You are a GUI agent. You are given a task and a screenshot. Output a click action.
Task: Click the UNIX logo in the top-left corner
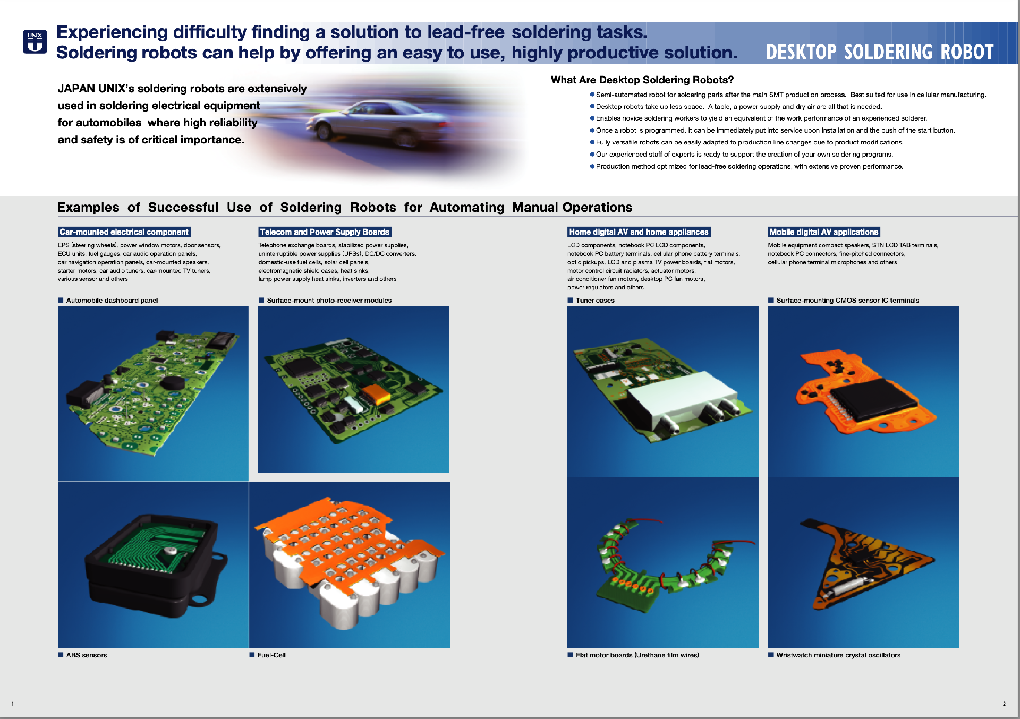(x=35, y=41)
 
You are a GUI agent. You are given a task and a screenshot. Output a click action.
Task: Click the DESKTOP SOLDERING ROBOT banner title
(x=879, y=52)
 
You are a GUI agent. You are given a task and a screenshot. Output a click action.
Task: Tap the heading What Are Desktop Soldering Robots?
(x=642, y=80)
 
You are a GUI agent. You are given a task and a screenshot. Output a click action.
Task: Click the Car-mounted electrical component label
(x=124, y=232)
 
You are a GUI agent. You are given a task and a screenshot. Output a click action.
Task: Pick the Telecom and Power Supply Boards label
(x=325, y=232)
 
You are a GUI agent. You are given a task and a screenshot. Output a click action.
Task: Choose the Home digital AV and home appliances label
(x=638, y=232)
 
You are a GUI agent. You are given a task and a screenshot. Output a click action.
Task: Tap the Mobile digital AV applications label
(x=823, y=232)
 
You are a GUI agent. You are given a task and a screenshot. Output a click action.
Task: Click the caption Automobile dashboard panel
(x=112, y=301)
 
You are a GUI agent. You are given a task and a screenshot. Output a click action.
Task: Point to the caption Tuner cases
(x=594, y=301)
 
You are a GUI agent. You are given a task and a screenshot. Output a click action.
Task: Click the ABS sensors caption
(x=86, y=655)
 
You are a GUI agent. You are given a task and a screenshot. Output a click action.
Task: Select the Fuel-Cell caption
(x=271, y=655)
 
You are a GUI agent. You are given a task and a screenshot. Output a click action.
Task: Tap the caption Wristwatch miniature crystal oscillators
(x=838, y=655)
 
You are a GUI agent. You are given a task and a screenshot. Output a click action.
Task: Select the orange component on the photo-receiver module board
(x=376, y=393)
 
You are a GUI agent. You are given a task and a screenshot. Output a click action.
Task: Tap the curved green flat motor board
(x=664, y=571)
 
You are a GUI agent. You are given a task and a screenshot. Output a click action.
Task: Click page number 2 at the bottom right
(x=1004, y=704)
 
